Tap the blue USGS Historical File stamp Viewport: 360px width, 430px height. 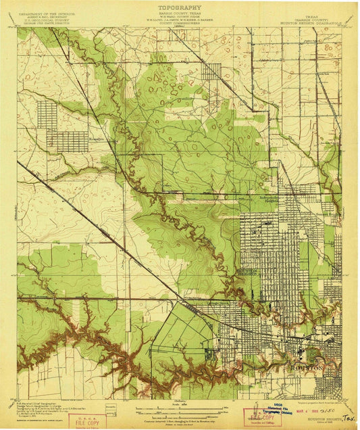point(261,415)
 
